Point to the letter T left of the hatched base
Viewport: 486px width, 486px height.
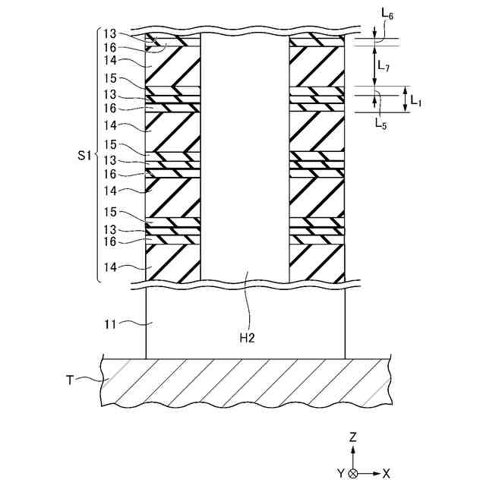click(69, 380)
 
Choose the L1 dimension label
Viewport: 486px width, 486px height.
click(416, 99)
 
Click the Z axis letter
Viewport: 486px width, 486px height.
click(353, 437)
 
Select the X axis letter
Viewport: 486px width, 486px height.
click(386, 473)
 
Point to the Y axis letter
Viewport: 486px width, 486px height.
click(340, 473)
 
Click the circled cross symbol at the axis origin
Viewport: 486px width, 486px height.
click(353, 473)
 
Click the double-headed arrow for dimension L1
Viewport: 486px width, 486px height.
click(405, 99)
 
